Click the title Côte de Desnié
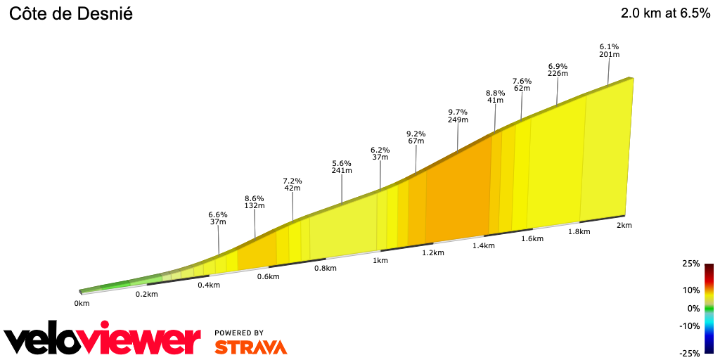tap(70, 14)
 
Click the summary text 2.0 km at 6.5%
tap(665, 14)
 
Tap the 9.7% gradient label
tap(458, 112)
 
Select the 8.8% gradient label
tap(496, 93)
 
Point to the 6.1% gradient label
tap(609, 46)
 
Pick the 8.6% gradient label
tap(255, 198)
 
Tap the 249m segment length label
tap(458, 120)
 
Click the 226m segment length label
tap(558, 73)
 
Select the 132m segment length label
tap(255, 206)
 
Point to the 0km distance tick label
tap(82, 304)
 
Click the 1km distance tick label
tap(380, 261)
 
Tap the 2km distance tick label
tap(624, 225)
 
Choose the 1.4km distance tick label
tap(484, 245)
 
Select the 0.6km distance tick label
tap(269, 276)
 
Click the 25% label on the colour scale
tap(691, 264)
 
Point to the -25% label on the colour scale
tap(690, 353)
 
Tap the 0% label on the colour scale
tap(693, 308)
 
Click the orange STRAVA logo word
tap(250, 347)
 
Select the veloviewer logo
tap(103, 340)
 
